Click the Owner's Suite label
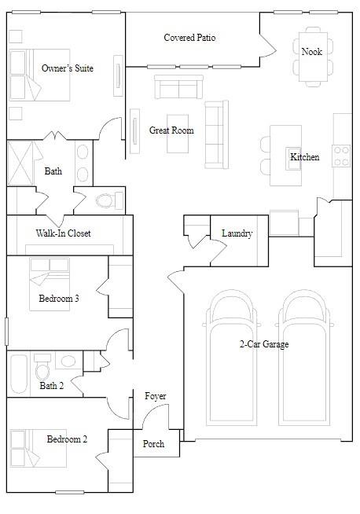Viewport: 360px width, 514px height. [x=68, y=68]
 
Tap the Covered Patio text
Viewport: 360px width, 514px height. [x=189, y=38]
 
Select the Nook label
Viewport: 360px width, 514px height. [x=311, y=52]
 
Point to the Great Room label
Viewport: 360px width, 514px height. [x=171, y=130]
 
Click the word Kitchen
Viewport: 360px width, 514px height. [x=305, y=157]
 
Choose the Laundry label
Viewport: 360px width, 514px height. [x=237, y=233]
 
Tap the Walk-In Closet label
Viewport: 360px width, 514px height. [x=64, y=233]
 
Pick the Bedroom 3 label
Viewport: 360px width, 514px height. [x=59, y=299]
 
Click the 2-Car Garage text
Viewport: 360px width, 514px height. [x=264, y=344]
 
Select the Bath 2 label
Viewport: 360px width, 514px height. [x=51, y=386]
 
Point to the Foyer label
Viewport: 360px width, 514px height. [x=156, y=396]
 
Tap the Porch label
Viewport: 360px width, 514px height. [x=154, y=444]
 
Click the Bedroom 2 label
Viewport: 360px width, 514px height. [x=67, y=439]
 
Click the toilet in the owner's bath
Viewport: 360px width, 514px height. [x=105, y=200]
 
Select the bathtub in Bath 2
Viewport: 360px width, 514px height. [x=19, y=374]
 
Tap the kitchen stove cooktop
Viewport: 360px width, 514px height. [x=342, y=156]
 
